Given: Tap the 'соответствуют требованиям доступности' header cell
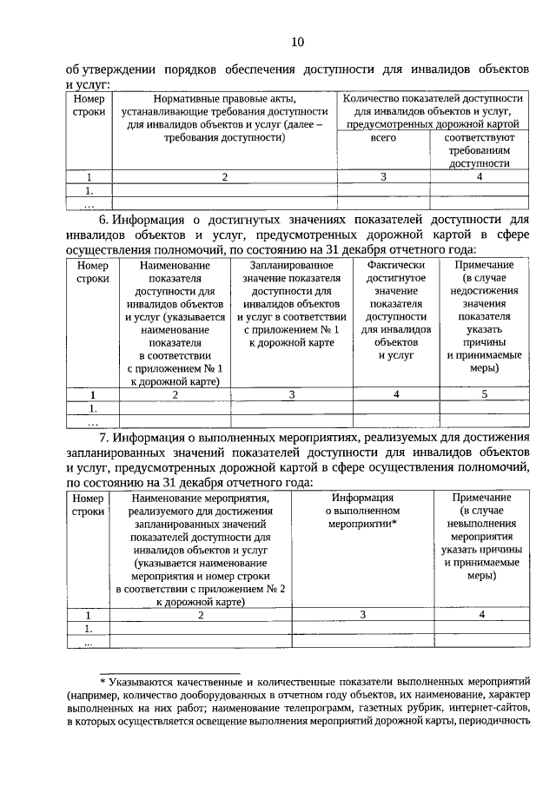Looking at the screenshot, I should pos(480,150).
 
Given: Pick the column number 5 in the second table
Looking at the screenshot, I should pos(484,394).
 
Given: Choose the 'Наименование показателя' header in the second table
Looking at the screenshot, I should pos(175,321).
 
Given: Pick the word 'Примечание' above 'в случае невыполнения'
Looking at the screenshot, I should pos(481,498).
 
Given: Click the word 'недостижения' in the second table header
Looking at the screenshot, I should pos(484,292).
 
